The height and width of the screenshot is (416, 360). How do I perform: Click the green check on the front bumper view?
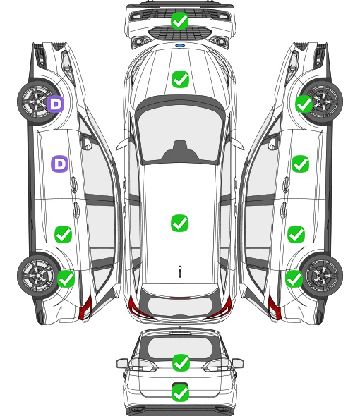pyautogui.click(x=180, y=20)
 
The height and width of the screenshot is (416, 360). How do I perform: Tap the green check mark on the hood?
pyautogui.click(x=180, y=79)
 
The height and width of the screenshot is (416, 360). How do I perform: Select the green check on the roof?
pyautogui.click(x=179, y=223)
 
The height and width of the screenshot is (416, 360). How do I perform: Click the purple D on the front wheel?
pyautogui.click(x=56, y=104)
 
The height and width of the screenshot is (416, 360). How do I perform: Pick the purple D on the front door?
pyautogui.click(x=60, y=164)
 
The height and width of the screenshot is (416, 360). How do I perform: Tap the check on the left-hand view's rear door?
pyautogui.click(x=64, y=234)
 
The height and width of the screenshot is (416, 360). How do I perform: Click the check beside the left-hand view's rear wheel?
pyautogui.click(x=66, y=279)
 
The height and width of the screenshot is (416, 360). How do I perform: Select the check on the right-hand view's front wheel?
pyautogui.click(x=304, y=104)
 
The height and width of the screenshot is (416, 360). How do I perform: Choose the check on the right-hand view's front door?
pyautogui.click(x=300, y=164)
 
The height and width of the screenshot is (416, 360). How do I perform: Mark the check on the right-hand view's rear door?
pyautogui.click(x=296, y=234)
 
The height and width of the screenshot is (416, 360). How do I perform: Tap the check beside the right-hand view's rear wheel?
pyautogui.click(x=294, y=279)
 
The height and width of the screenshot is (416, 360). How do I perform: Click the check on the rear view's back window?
pyautogui.click(x=181, y=362)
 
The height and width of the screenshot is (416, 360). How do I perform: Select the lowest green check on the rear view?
pyautogui.click(x=181, y=393)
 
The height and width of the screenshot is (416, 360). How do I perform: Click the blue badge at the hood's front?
pyautogui.click(x=180, y=46)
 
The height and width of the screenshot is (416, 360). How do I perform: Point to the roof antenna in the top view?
pyautogui.click(x=180, y=271)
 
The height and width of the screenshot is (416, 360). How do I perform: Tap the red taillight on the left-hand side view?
pyautogui.click(x=86, y=307)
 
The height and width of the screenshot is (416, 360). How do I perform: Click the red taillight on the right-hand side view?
pyautogui.click(x=274, y=307)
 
